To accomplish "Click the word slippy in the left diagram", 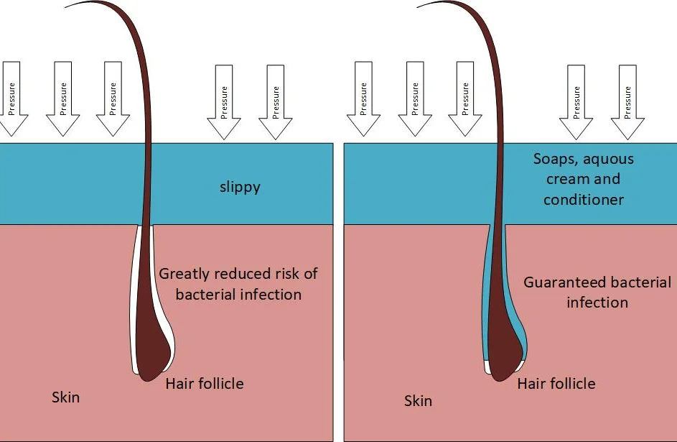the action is pos(240,188).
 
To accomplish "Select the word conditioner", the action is pos(583,200).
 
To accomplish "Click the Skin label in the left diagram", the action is pos(65,397).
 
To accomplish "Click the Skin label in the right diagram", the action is pos(418,400).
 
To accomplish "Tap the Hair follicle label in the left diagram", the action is pos(204,383).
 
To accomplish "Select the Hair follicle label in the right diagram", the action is pos(556,383).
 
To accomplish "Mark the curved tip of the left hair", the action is pos(66,7).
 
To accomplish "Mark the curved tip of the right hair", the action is pos(419,7).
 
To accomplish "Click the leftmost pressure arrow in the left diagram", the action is pos(11,98).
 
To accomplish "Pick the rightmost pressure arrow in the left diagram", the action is pos(276,102).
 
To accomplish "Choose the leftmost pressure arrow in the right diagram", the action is pos(363,98).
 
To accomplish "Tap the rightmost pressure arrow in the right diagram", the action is pos(627,102).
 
